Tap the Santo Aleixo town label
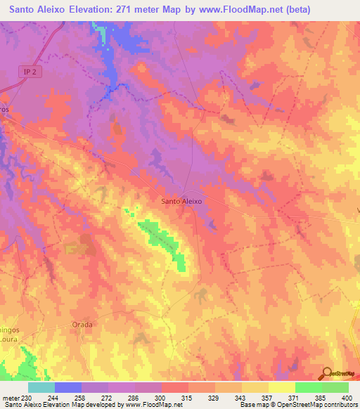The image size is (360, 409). pyautogui.click(x=182, y=201)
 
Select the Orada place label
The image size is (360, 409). pyautogui.click(x=82, y=325)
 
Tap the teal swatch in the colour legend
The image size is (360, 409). pyautogui.click(x=41, y=387)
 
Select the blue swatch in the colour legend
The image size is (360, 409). pyautogui.click(x=68, y=387)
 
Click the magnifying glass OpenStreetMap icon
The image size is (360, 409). pyautogui.click(x=326, y=373)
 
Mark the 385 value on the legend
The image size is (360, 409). pyautogui.click(x=322, y=397)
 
